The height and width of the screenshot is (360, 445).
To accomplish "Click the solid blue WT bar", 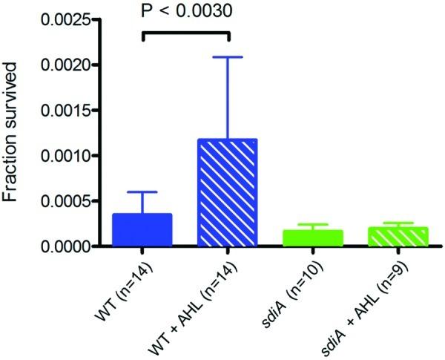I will (142, 230).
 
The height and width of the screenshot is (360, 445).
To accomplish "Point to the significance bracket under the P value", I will (185, 33).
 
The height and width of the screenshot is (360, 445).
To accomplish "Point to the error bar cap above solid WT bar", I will (142, 192).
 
